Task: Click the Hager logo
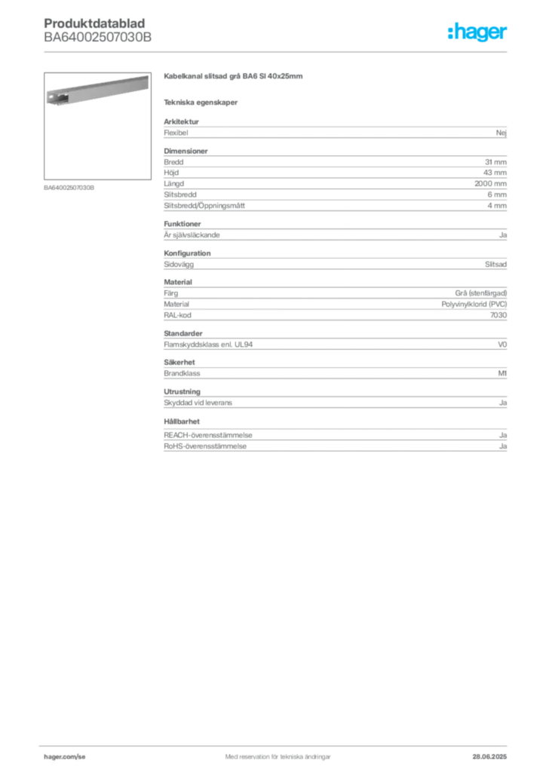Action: [477, 32]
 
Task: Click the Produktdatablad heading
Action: [94, 23]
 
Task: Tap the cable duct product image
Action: [97, 90]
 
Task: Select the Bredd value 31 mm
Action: [495, 162]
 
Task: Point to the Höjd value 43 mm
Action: [495, 173]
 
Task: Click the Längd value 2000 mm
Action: [490, 184]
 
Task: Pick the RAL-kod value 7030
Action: [498, 315]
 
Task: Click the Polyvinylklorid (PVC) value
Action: [474, 305]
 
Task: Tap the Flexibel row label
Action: [176, 133]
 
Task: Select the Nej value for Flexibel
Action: [502, 133]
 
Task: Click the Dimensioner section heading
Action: [186, 151]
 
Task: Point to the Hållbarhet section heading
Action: [182, 421]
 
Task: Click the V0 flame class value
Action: [502, 345]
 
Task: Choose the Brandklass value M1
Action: [502, 373]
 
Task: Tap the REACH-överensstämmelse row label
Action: [207, 435]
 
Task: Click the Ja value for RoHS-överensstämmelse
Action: [503, 446]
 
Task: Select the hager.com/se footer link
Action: [65, 757]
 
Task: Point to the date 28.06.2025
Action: [489, 757]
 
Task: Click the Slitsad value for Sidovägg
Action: [495, 265]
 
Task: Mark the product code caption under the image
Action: [69, 188]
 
